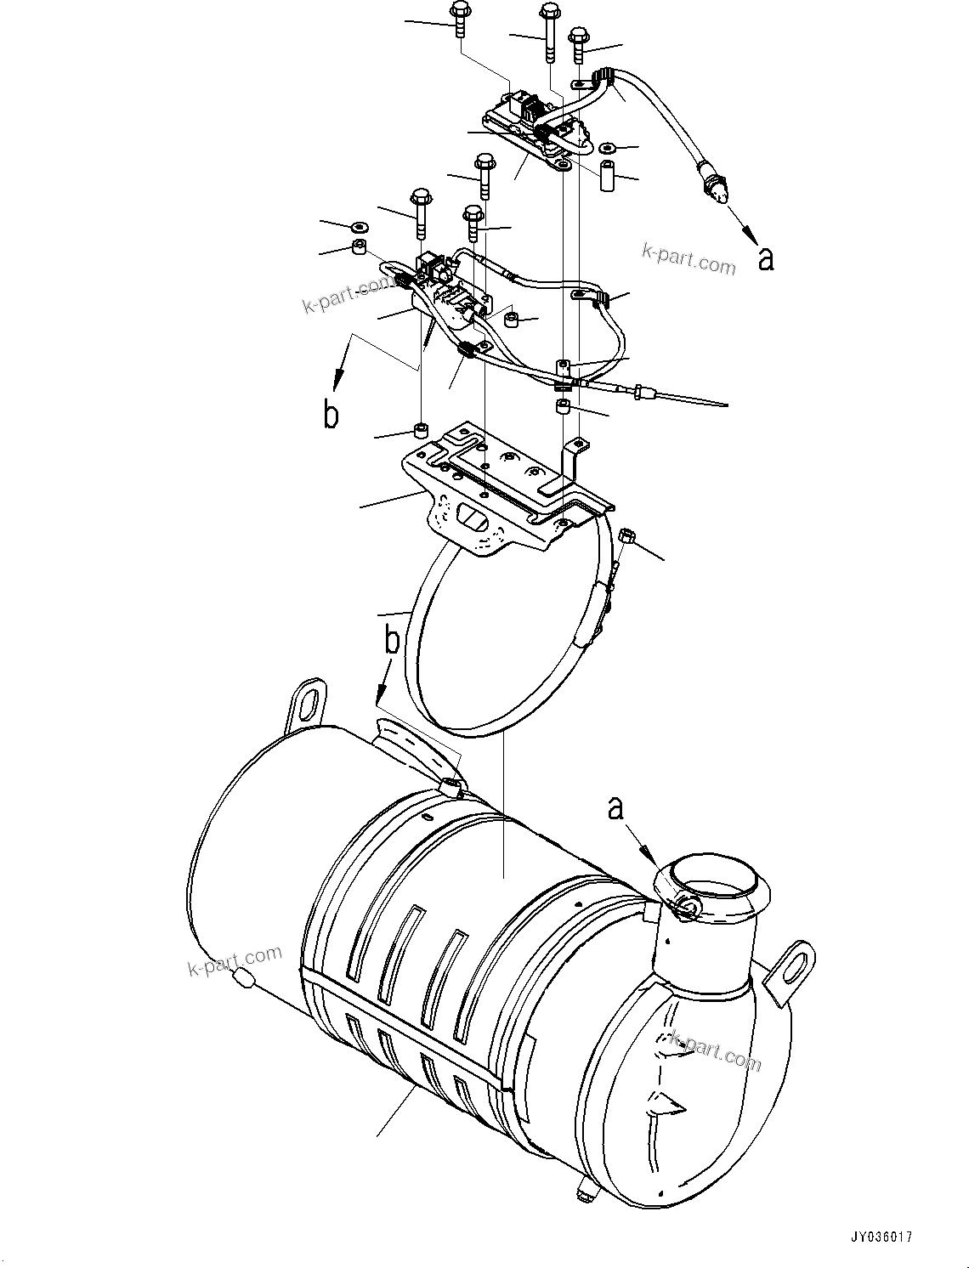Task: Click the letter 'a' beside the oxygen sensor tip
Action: [x=766, y=259]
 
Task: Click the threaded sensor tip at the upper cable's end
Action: [x=718, y=193]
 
